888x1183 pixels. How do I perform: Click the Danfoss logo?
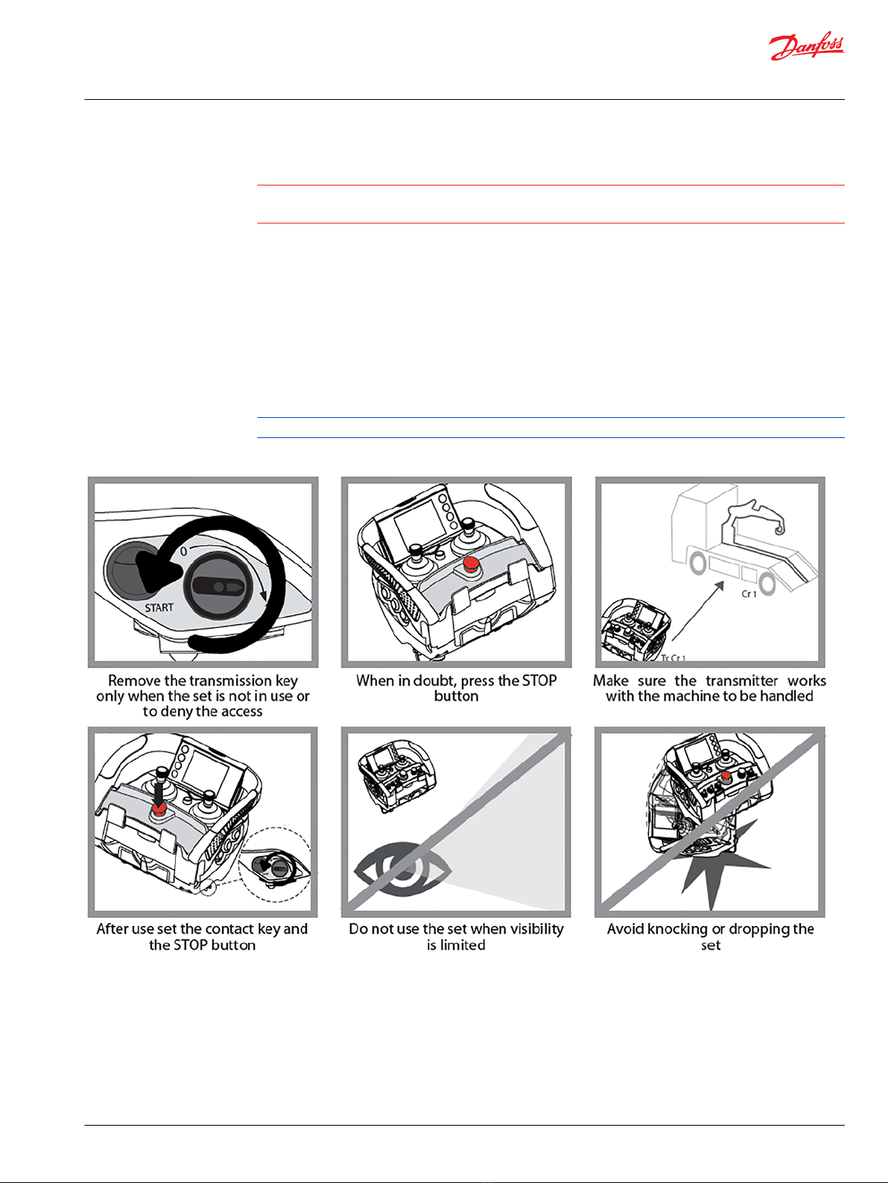(806, 47)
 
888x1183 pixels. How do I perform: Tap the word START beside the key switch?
(159, 607)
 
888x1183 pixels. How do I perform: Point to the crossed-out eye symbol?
(402, 869)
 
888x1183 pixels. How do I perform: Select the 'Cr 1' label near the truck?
(749, 594)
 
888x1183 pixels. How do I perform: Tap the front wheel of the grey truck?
(698, 563)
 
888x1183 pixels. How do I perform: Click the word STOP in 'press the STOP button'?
(539, 681)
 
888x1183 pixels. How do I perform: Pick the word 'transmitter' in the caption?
(742, 681)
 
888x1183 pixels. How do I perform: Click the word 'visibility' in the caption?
(536, 929)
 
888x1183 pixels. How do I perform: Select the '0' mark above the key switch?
(183, 552)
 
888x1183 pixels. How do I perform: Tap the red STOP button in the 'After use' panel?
(159, 808)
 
